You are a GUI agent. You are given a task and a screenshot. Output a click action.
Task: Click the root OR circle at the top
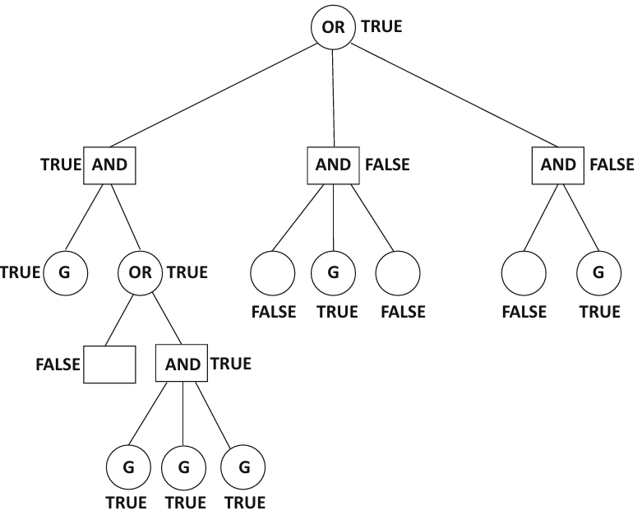click(x=333, y=27)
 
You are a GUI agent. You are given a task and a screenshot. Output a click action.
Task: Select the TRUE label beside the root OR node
click(x=381, y=26)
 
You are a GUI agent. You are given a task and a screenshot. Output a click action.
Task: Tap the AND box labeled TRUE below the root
click(x=109, y=165)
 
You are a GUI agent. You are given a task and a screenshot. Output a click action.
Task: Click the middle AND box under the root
click(x=333, y=165)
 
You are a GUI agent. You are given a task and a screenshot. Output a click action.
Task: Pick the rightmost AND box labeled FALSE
click(x=558, y=165)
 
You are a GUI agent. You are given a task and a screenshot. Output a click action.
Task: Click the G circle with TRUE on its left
click(x=65, y=273)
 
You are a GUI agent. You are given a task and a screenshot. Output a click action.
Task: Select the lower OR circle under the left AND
click(x=141, y=273)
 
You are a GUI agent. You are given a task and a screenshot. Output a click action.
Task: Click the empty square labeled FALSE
click(x=109, y=364)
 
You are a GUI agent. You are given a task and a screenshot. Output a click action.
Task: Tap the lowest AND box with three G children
click(x=182, y=363)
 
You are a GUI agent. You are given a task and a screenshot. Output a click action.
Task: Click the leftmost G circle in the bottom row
click(x=128, y=467)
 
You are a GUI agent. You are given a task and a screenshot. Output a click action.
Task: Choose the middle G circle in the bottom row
click(x=183, y=467)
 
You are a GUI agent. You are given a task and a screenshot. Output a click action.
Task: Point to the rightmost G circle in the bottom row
click(x=243, y=467)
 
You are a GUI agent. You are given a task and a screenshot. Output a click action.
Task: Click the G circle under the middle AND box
click(x=333, y=273)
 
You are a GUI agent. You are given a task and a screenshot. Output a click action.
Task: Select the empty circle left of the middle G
click(x=273, y=273)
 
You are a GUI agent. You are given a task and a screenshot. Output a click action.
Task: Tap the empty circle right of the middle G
click(x=398, y=273)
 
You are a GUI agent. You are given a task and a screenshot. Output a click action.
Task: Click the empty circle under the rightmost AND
click(x=524, y=273)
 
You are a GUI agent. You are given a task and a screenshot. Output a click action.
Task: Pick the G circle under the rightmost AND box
click(x=598, y=273)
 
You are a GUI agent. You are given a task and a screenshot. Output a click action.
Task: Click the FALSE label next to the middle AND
click(x=387, y=165)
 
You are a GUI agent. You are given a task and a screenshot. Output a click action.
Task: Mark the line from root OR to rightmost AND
click(x=454, y=95)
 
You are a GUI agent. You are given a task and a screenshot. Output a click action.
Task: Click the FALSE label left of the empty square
click(x=58, y=364)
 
